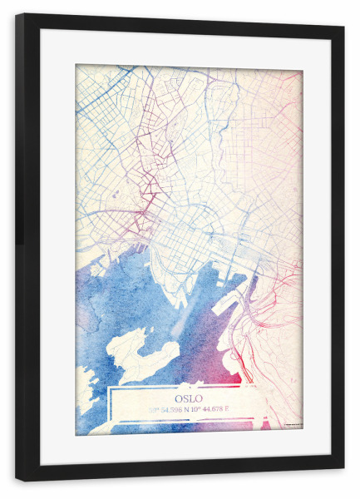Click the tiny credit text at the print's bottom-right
[x=292, y=427]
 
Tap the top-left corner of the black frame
[x=17, y=16]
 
